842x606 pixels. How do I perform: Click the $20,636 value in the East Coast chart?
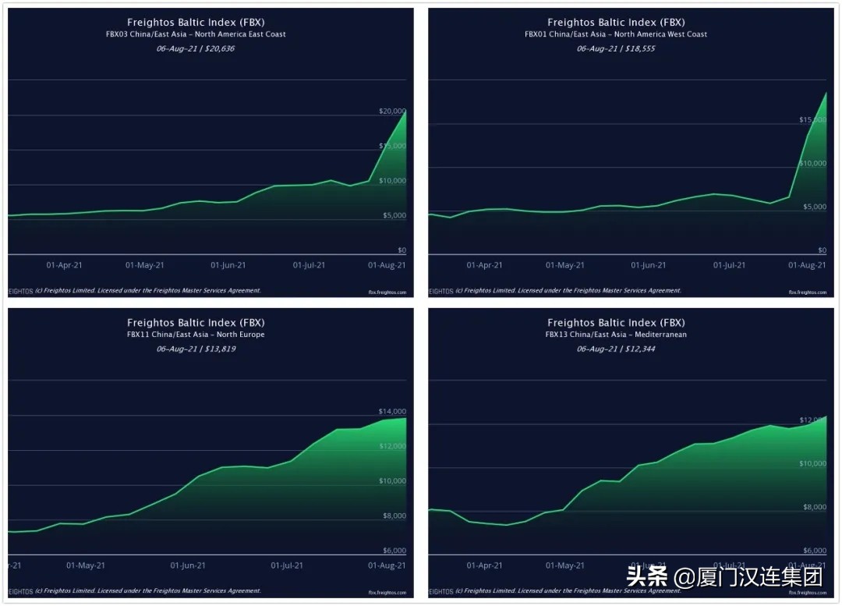click(219, 48)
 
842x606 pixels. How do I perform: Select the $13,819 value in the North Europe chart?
click(219, 349)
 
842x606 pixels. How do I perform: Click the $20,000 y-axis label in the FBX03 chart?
click(392, 112)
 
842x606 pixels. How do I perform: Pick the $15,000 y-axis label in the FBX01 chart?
click(812, 119)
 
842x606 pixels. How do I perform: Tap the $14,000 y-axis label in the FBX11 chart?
click(392, 411)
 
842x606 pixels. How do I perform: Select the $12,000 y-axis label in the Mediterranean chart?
click(812, 420)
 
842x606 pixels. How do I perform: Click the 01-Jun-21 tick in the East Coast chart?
click(228, 265)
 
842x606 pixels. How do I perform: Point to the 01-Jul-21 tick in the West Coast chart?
click(729, 265)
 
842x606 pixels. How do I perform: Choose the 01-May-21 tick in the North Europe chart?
click(86, 565)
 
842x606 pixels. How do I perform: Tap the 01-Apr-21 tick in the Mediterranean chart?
click(484, 565)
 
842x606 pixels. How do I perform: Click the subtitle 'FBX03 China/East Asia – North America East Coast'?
click(196, 34)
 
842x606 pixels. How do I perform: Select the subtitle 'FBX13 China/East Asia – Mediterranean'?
click(616, 335)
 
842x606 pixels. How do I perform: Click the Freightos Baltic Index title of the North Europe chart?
click(196, 322)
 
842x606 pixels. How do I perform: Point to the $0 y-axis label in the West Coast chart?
click(822, 250)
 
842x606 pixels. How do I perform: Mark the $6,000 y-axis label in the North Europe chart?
click(392, 551)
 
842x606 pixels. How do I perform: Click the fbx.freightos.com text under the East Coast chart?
click(387, 292)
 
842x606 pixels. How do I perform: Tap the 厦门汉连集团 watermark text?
click(747, 578)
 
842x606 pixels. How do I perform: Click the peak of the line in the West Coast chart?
click(826, 92)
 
